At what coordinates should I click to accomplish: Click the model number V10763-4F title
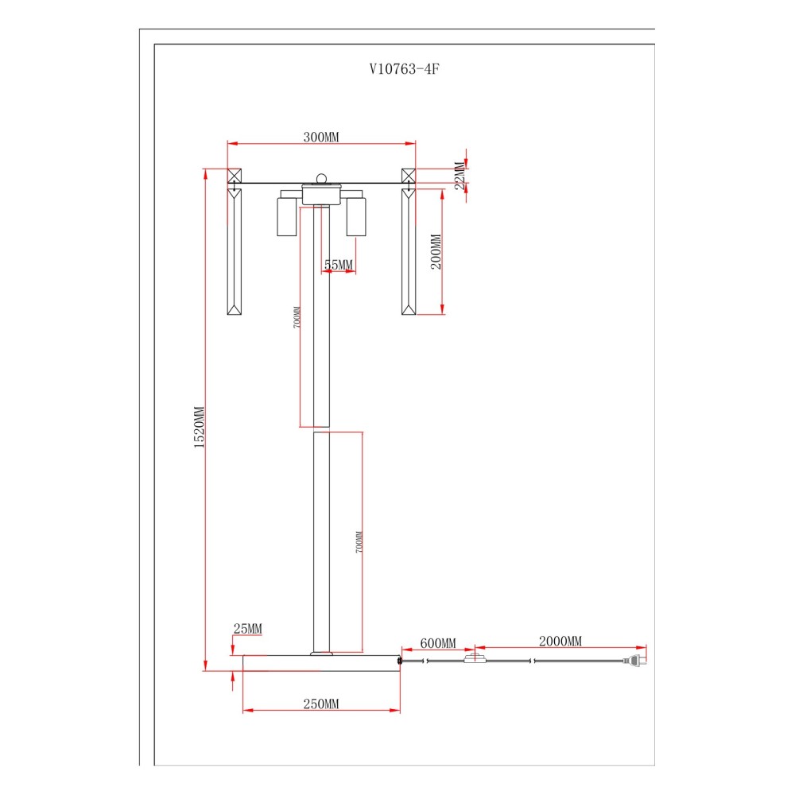pyautogui.click(x=404, y=69)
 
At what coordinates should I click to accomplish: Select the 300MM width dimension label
pyautogui.click(x=321, y=137)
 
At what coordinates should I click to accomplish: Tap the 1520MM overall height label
pyautogui.click(x=199, y=427)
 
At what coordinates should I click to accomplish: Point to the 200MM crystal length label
pyautogui.click(x=436, y=251)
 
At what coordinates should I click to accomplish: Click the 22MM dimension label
pyautogui.click(x=460, y=176)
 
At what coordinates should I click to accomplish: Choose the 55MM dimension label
pyautogui.click(x=338, y=264)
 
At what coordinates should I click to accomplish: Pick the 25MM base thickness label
pyautogui.click(x=247, y=629)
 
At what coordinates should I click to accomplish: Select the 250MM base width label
pyautogui.click(x=321, y=704)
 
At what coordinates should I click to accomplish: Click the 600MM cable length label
pyautogui.click(x=438, y=643)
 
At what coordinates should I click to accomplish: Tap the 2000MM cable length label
pyautogui.click(x=560, y=641)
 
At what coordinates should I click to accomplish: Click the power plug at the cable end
pyautogui.click(x=635, y=660)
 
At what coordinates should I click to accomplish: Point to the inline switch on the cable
pyautogui.click(x=475, y=659)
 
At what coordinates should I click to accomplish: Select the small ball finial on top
pyautogui.click(x=322, y=178)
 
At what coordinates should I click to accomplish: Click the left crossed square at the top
pyautogui.click(x=235, y=176)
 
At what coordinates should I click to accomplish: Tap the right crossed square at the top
pyautogui.click(x=409, y=176)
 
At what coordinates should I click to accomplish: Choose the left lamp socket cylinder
pyautogui.click(x=286, y=216)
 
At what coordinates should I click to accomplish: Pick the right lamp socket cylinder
pyautogui.click(x=356, y=216)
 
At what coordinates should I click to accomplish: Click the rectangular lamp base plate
pyautogui.click(x=321, y=663)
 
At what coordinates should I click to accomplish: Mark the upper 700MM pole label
pyautogui.click(x=297, y=317)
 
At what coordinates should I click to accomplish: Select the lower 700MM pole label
pyautogui.click(x=359, y=541)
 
